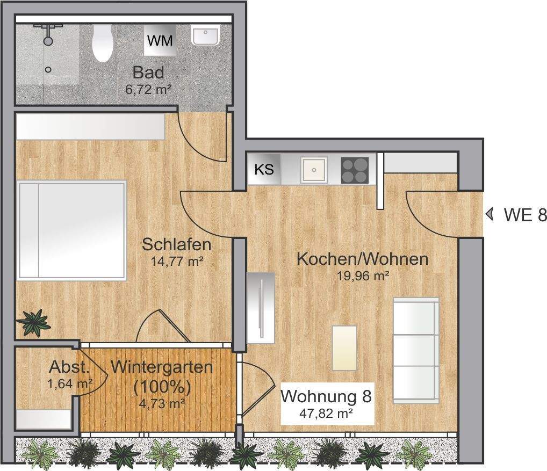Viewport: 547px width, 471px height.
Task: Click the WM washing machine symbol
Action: point(160,41)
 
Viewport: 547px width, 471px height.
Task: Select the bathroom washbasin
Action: point(205,37)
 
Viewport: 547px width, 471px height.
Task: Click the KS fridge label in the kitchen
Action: point(264,170)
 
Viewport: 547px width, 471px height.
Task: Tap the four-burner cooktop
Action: point(355,170)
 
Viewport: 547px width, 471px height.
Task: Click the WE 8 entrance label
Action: point(525,215)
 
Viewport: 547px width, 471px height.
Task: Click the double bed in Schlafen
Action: point(71,230)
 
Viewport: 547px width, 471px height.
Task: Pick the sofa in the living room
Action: point(416,351)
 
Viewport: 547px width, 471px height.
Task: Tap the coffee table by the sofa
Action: point(344,348)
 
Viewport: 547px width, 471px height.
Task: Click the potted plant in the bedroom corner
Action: point(33,322)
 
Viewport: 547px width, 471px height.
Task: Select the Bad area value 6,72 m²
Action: point(148,89)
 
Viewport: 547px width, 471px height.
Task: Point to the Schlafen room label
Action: point(176,245)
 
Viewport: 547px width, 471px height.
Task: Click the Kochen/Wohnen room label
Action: point(363,259)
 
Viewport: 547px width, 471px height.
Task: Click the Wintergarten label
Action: point(162,368)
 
